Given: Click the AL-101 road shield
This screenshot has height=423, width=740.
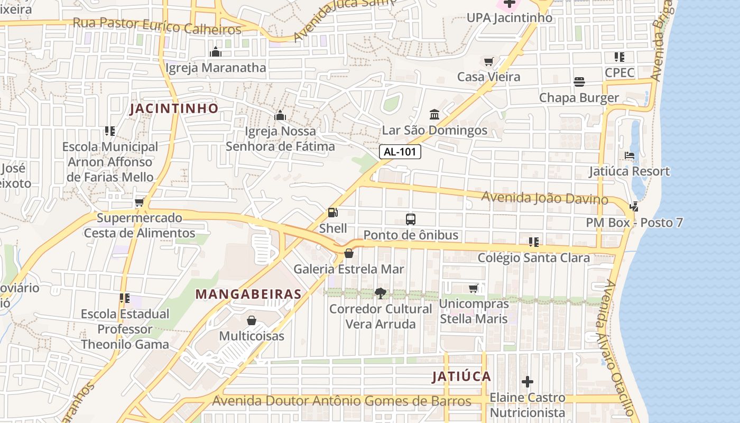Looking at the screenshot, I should (x=400, y=152).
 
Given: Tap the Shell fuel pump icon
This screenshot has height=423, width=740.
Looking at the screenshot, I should (x=332, y=213).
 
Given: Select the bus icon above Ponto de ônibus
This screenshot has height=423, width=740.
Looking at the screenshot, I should (x=410, y=219).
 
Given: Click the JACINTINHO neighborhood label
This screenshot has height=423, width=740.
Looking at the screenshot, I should (x=174, y=108).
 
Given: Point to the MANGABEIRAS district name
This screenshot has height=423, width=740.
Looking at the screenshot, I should (x=248, y=295).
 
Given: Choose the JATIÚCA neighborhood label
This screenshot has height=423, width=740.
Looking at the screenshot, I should (x=461, y=376).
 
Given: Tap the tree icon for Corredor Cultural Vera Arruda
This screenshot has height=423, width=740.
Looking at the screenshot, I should (x=380, y=293).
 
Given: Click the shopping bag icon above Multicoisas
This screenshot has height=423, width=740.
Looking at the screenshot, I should (x=252, y=320).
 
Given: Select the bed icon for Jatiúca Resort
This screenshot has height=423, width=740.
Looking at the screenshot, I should (x=630, y=155).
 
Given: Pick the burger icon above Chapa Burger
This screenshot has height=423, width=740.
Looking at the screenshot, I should (x=579, y=82).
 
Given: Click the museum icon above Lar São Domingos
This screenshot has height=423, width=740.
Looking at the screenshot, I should (x=434, y=114).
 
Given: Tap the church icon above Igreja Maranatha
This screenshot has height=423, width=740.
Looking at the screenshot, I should (x=216, y=52).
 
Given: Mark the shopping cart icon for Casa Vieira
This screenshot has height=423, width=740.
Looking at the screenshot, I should (x=488, y=61).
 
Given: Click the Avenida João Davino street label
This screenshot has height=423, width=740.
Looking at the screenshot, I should (x=544, y=198).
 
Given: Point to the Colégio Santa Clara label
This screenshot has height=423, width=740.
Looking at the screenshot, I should (x=534, y=258).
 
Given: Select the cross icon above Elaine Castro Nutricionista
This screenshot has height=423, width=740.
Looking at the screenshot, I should (x=527, y=381).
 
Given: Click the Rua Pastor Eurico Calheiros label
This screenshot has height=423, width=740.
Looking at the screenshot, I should (x=157, y=25).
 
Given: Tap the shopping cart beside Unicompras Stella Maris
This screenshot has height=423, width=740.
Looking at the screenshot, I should (x=474, y=288).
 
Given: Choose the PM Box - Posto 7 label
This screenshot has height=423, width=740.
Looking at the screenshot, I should (x=634, y=223).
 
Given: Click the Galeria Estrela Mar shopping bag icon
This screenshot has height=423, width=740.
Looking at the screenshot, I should (x=349, y=253).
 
